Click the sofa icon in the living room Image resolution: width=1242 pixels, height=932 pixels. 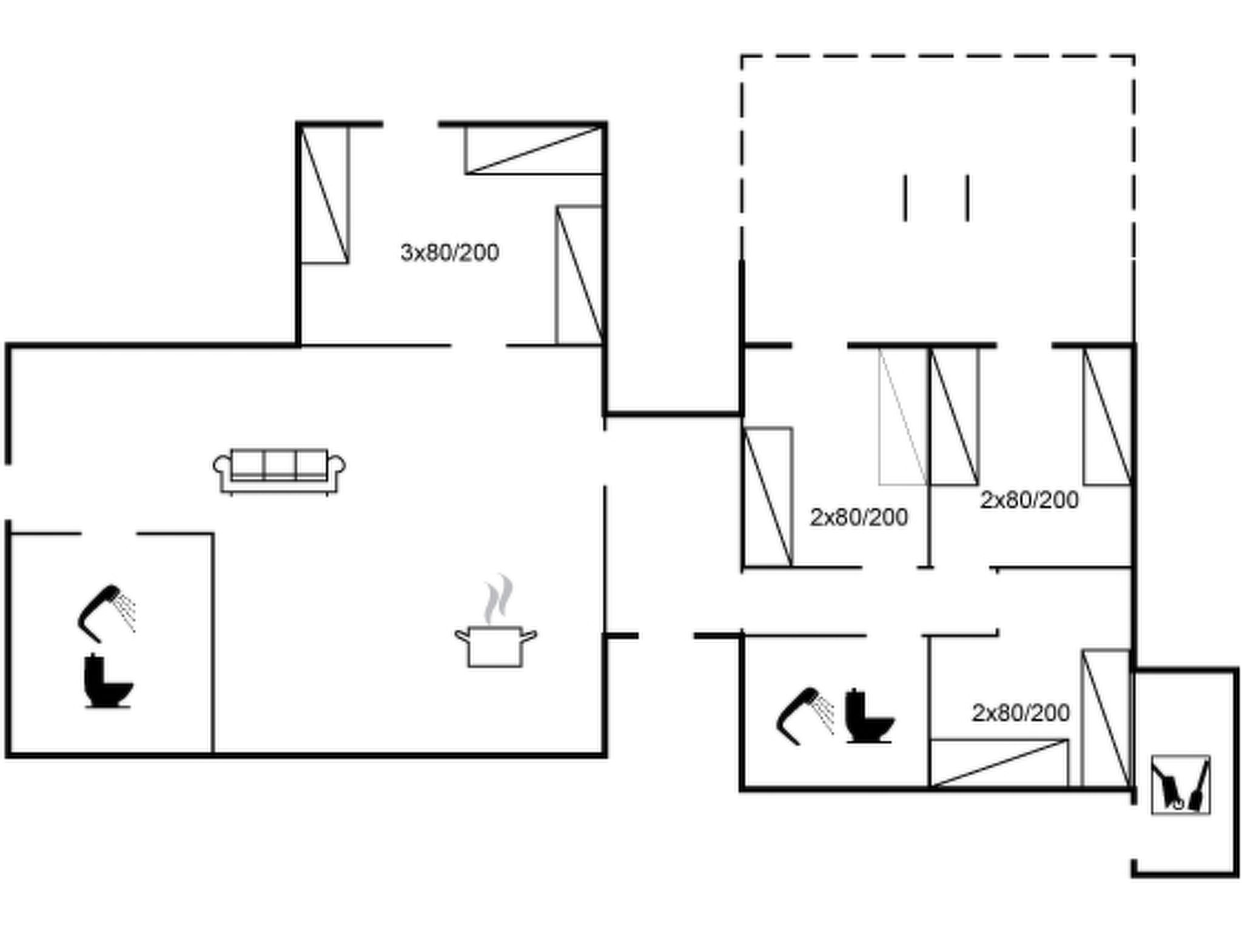280,471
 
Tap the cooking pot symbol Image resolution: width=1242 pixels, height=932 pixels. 495,647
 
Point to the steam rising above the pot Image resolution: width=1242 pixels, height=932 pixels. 498,599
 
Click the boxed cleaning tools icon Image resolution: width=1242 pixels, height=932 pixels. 1180,785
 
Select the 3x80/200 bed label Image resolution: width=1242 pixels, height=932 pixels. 449,252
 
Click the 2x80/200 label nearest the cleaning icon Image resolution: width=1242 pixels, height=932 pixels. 1021,713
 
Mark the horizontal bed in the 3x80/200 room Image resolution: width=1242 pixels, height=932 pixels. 534,150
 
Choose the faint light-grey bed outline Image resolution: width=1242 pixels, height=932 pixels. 903,417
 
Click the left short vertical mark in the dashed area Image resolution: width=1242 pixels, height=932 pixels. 905,198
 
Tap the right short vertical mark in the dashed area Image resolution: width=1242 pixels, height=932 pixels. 967,198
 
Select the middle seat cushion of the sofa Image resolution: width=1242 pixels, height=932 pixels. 280,465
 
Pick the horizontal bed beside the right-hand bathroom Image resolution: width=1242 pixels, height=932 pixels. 999,763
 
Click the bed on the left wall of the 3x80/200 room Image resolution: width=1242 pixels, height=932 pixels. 324,195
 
